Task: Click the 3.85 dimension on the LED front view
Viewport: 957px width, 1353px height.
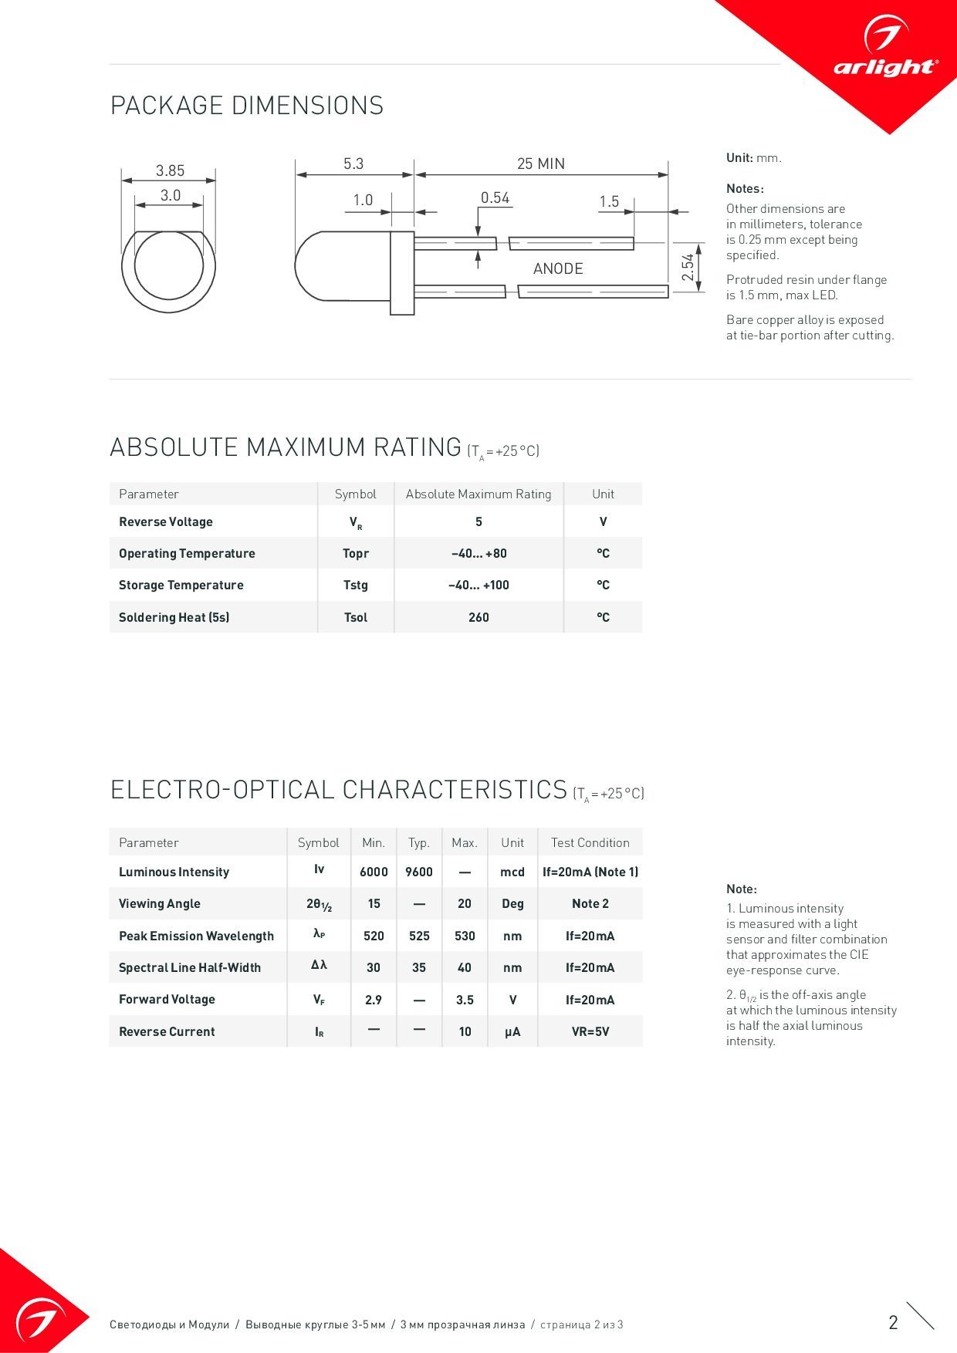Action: coord(170,170)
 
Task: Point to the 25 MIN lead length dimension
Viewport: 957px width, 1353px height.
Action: coord(540,164)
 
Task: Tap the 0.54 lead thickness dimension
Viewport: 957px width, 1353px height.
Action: coord(495,198)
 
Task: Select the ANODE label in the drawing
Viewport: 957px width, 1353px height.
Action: coord(558,268)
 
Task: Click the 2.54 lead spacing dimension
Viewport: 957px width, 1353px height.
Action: coord(688,267)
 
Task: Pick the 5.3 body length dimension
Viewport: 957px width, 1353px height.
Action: coord(353,164)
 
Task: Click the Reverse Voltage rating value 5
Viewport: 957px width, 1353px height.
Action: coord(478,522)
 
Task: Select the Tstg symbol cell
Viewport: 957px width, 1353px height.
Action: coord(356,585)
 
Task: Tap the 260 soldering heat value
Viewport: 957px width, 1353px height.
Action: coord(478,617)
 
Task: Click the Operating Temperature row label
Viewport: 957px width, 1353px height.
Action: coord(187,553)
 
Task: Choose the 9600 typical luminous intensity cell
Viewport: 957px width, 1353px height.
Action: coord(419,872)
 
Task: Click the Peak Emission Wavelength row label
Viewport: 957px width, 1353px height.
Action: coord(196,936)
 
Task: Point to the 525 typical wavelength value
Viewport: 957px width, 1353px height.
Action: coord(419,936)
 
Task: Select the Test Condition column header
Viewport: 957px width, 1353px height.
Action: coord(590,842)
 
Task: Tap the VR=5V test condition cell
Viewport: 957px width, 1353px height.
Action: coord(590,1031)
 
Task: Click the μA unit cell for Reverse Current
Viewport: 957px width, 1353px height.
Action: coord(512,1031)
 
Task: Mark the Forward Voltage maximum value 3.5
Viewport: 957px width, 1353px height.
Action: coord(465,1000)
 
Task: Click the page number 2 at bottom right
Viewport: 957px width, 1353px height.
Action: coord(893,1322)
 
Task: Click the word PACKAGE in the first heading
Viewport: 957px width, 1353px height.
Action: coord(167,106)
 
